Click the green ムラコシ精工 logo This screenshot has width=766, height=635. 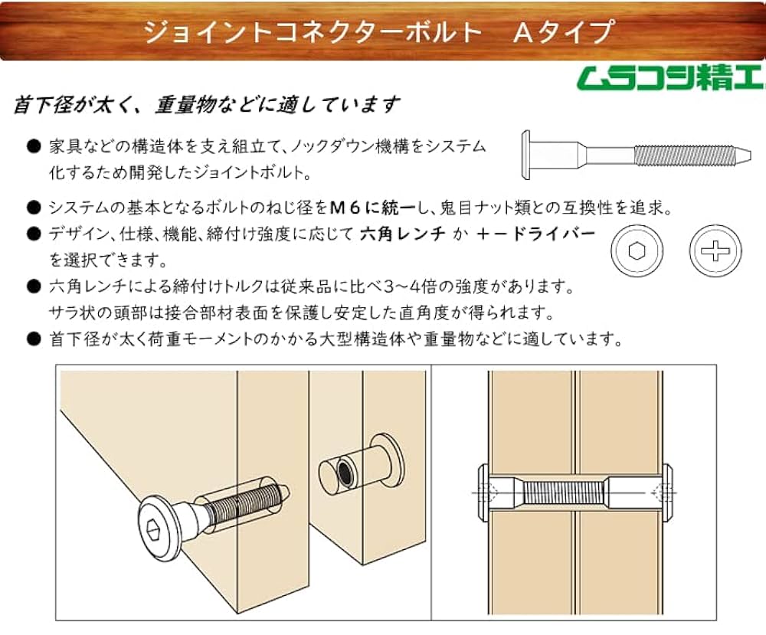(x=669, y=79)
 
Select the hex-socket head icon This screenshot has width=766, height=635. (x=637, y=250)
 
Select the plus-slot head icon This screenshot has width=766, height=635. (x=715, y=250)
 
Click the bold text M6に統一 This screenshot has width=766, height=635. (x=370, y=208)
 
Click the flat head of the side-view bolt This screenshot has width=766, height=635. (x=525, y=155)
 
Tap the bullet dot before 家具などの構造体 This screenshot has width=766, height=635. (x=32, y=146)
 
